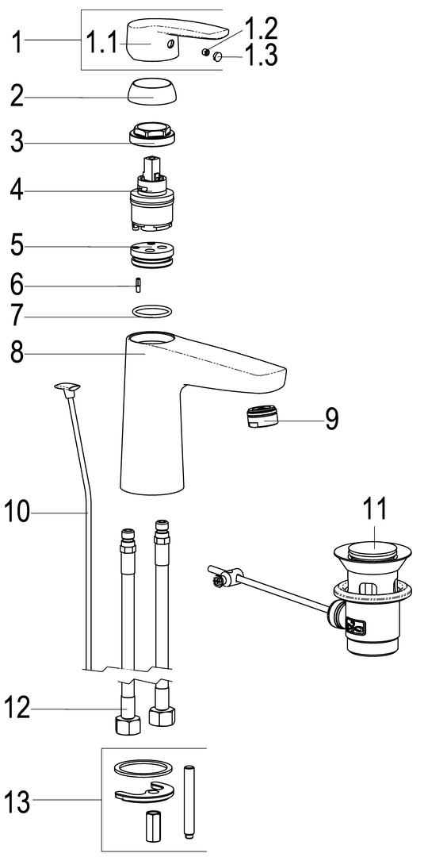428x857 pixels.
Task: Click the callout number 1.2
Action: (x=261, y=29)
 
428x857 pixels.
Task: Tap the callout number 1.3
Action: (x=261, y=56)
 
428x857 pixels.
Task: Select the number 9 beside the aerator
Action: (x=332, y=419)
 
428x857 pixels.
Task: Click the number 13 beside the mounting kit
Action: (x=18, y=803)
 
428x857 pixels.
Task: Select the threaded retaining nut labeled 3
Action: (x=153, y=133)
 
